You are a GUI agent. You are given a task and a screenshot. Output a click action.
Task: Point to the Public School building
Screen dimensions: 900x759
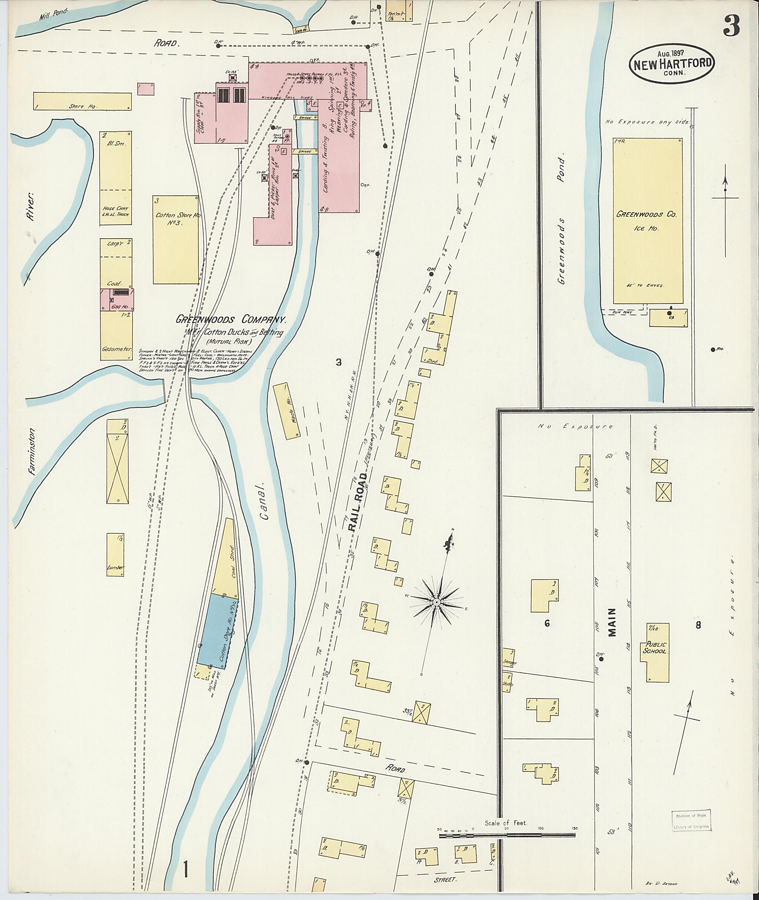pyautogui.click(x=657, y=652)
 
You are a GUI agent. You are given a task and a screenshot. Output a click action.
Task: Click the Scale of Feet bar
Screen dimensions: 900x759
pyautogui.click(x=507, y=534)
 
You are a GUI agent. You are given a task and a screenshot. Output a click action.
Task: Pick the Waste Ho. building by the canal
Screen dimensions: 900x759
pyautogui.click(x=287, y=411)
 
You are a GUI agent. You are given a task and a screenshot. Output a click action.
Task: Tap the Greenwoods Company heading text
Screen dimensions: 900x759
pyautogui.click(x=231, y=320)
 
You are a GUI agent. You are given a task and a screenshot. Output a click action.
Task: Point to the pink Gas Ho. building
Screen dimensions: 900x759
pyautogui.click(x=117, y=300)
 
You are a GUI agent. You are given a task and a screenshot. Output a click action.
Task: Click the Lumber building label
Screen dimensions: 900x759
pyautogui.click(x=115, y=567)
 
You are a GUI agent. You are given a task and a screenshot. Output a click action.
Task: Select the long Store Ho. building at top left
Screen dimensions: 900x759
pyautogui.click(x=82, y=101)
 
